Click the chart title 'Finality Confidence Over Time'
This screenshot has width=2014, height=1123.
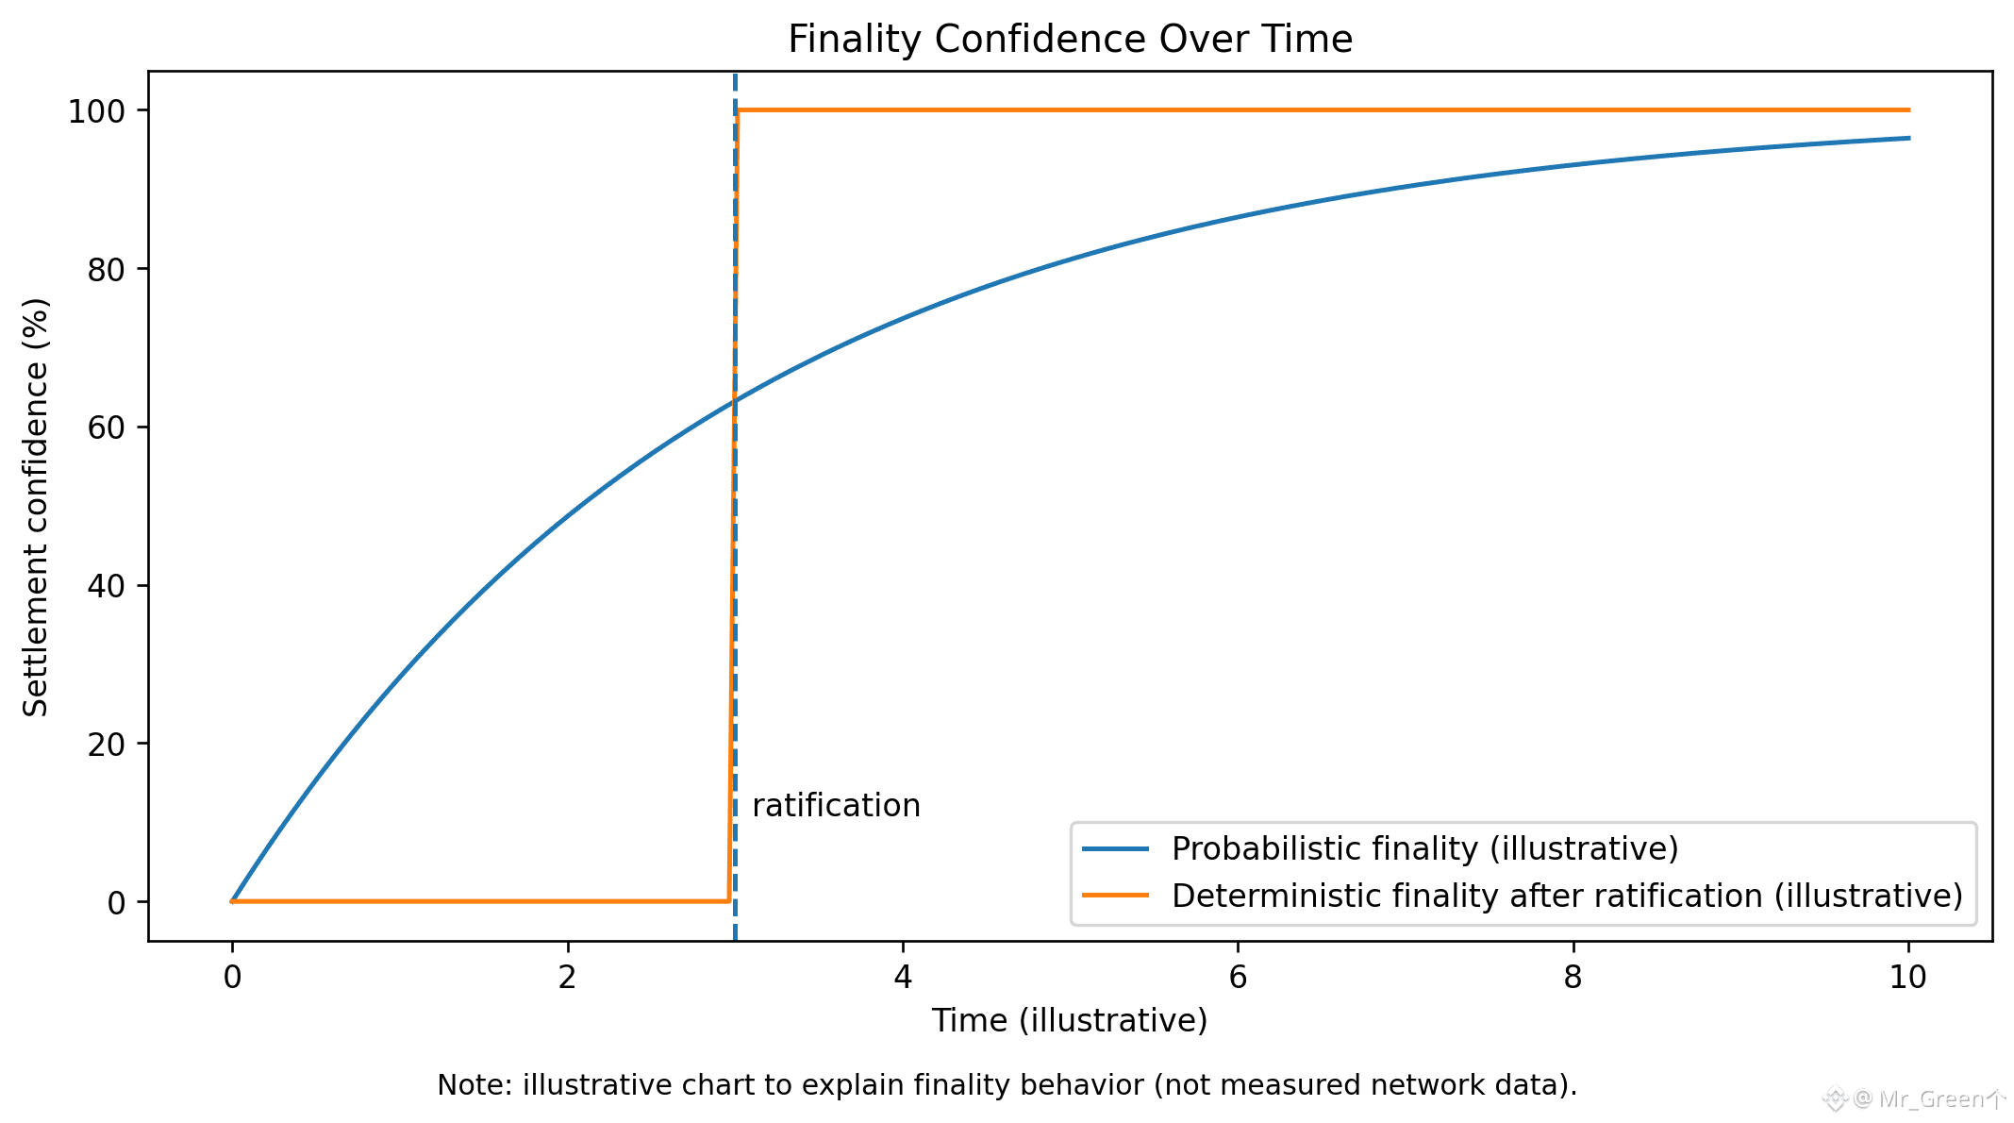[x=1070, y=40]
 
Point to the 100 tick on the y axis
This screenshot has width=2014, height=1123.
[x=96, y=111]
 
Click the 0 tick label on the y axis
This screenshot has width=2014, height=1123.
[x=116, y=903]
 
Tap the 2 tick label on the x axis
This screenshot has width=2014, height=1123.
[x=567, y=977]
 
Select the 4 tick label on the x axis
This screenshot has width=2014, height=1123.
[x=903, y=977]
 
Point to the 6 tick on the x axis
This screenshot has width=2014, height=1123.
[x=1238, y=977]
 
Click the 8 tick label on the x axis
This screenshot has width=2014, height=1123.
[x=1573, y=977]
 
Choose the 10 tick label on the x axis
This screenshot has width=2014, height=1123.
[x=1907, y=977]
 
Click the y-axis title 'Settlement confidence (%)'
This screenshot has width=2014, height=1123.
[x=36, y=507]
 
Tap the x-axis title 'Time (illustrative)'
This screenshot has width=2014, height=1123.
[x=1070, y=1021]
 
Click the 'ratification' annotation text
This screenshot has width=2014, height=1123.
[x=836, y=806]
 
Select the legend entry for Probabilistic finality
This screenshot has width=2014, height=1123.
[x=1424, y=849]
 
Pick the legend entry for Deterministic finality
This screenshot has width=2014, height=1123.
[x=1566, y=896]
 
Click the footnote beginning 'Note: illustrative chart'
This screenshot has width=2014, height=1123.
[x=1007, y=1085]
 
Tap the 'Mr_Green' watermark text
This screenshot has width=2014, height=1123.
[x=1930, y=1099]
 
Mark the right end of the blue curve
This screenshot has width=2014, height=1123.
[x=1907, y=139]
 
